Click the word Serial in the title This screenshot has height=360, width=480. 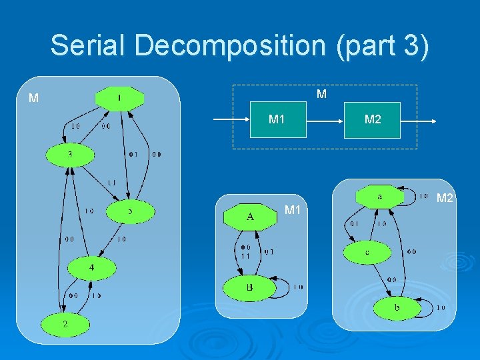[87, 45]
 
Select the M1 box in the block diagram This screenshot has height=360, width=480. [277, 119]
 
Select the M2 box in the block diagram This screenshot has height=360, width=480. [372, 119]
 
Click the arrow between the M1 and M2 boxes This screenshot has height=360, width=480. [325, 121]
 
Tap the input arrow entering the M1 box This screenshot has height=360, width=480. [230, 121]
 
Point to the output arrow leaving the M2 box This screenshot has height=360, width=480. [419, 121]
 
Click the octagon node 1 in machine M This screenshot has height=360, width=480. [119, 99]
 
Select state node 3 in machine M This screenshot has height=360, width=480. [70, 155]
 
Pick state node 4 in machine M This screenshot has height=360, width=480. [91, 268]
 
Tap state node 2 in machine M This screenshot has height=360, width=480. [65, 323]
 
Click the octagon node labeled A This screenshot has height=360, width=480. [250, 217]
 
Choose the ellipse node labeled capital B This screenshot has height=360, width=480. [249, 287]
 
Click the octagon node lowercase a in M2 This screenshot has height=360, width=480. [379, 197]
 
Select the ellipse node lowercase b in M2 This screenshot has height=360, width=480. [397, 308]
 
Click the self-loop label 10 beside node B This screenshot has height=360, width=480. [297, 287]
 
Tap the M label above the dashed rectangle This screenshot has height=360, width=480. [321, 94]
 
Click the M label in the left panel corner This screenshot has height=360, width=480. [33, 99]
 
